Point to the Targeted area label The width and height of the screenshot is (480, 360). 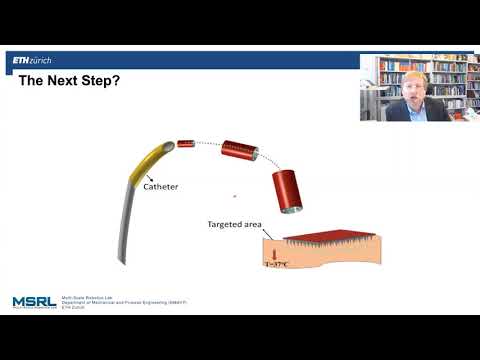(235, 224)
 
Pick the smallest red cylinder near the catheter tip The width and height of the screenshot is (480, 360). (185, 144)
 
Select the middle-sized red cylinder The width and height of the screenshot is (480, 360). (240, 151)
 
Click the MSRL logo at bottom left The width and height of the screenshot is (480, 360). (33, 301)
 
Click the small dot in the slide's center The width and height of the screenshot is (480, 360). (234, 196)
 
